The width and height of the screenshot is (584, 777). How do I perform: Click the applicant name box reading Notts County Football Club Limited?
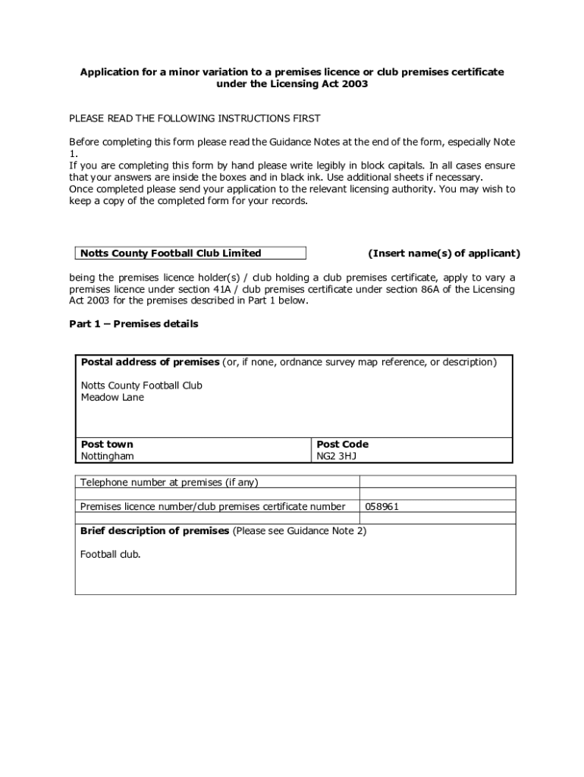190,253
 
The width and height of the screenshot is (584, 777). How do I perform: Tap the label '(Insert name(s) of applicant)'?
444,253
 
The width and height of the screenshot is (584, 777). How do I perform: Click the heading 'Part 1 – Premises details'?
133,324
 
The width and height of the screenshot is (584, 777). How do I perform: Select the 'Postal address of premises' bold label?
149,362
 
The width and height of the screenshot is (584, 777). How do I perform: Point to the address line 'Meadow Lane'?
112,397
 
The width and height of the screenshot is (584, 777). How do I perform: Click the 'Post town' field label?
107,444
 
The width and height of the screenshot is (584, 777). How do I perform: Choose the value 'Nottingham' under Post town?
108,456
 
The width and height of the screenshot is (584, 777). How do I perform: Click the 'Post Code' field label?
342,444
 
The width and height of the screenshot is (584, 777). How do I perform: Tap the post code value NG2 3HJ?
336,456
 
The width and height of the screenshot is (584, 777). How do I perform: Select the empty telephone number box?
437,482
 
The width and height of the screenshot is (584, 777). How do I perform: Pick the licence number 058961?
382,506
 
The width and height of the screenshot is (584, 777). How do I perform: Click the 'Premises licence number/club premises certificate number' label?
213,506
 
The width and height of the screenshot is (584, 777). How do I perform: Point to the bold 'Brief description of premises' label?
155,531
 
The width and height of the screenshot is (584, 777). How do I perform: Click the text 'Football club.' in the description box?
111,554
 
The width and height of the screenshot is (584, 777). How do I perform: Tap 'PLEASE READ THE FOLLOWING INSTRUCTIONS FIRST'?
195,118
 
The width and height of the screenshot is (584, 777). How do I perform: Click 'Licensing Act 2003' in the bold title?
320,84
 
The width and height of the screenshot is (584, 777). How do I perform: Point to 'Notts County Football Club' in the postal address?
142,385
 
